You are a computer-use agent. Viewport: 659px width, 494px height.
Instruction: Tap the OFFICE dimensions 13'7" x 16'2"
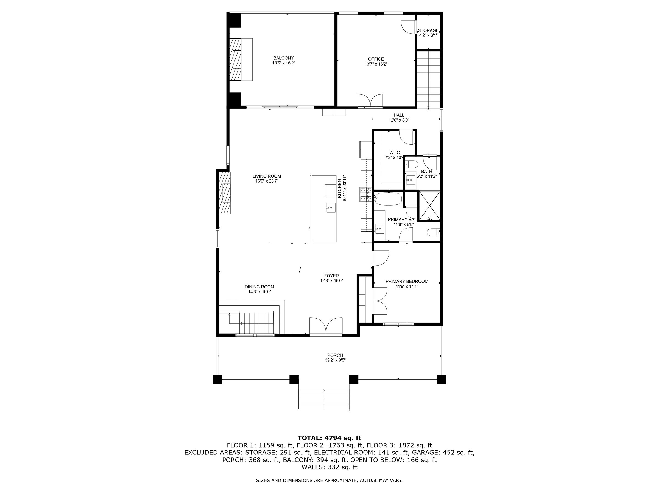point(376,64)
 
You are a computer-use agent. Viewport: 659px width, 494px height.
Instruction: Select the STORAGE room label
point(428,30)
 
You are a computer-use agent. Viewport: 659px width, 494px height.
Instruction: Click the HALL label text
point(399,115)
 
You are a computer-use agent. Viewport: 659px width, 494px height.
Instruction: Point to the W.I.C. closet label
point(395,153)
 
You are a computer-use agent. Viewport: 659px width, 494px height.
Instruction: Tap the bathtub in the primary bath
point(388,199)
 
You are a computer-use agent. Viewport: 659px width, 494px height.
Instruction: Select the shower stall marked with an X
point(429,206)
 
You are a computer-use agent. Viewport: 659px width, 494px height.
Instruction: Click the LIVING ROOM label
point(267,176)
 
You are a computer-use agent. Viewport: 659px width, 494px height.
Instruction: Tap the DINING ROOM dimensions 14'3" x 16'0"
point(259,292)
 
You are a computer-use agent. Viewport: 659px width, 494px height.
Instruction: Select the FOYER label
point(332,276)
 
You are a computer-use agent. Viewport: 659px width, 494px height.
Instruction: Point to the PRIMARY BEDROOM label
point(407,281)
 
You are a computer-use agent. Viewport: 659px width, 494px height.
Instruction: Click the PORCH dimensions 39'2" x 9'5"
point(335,360)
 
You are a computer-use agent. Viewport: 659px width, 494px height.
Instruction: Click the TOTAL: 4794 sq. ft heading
point(329,438)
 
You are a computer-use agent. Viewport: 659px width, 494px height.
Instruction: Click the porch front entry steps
point(323,399)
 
